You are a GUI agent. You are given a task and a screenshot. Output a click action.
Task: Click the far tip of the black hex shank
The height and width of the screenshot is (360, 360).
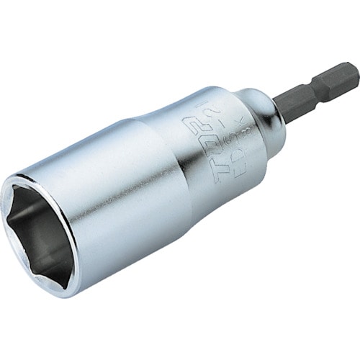coord(355,73)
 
